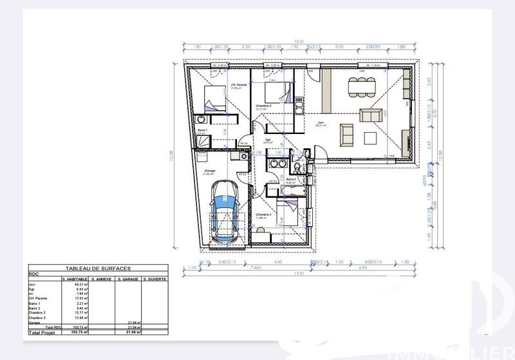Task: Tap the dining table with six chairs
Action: point(359,85)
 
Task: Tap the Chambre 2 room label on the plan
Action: point(263,106)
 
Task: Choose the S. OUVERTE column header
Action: point(154,279)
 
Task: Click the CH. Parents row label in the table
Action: point(39,298)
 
